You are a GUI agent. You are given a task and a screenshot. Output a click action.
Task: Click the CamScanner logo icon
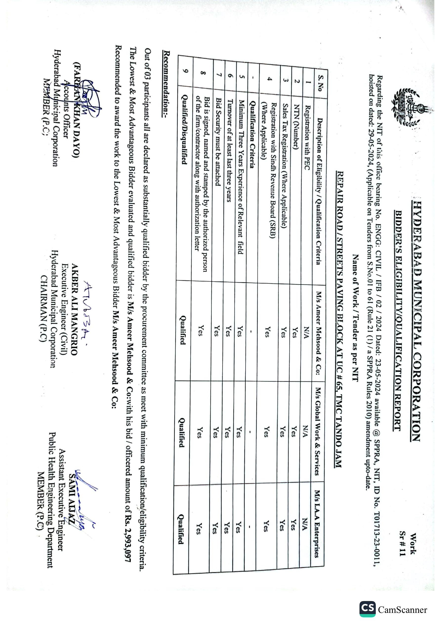tap(368, 609)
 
